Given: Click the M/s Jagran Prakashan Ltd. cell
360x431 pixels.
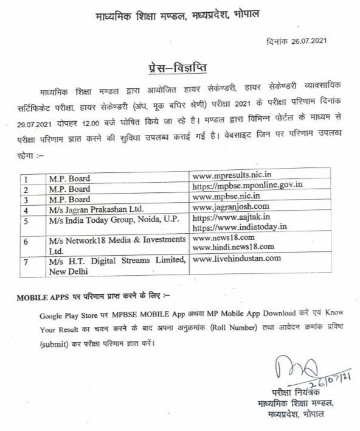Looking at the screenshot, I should point(89,207).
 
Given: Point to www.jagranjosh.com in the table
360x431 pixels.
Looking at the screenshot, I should point(227,206).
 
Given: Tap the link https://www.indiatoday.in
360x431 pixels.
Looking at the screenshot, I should point(231,228).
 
